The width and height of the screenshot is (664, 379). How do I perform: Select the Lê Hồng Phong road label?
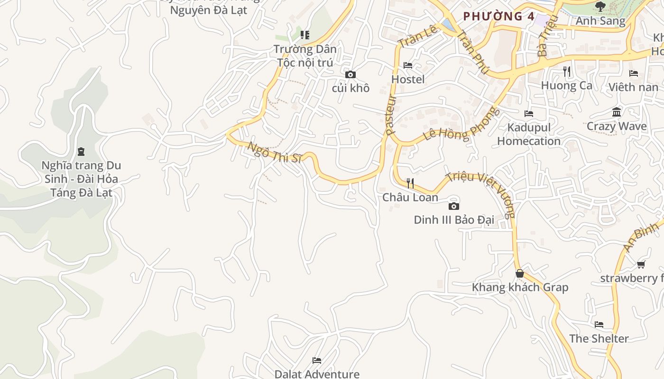pyautogui.click(x=462, y=125)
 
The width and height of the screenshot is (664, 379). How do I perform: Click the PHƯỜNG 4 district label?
pyautogui.click(x=499, y=16)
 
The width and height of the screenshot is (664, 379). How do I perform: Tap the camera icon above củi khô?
pyautogui.click(x=350, y=75)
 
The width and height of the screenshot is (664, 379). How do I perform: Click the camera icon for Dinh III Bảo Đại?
pyautogui.click(x=454, y=206)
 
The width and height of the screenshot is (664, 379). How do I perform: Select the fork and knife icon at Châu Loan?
pyautogui.click(x=410, y=183)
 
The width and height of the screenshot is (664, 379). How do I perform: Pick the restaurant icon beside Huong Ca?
pyautogui.click(x=567, y=72)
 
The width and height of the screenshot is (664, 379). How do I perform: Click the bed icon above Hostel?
pyautogui.click(x=408, y=65)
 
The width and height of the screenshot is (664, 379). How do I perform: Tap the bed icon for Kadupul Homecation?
pyautogui.click(x=529, y=114)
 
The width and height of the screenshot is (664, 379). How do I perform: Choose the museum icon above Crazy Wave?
pyautogui.click(x=617, y=112)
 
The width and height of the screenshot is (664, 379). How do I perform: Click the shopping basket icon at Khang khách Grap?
pyautogui.click(x=520, y=273)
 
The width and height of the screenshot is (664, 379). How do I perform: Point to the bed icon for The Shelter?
pyautogui.click(x=599, y=325)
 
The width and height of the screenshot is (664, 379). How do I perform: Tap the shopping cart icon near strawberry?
pyautogui.click(x=641, y=264)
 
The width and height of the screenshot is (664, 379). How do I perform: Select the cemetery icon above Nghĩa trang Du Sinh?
pyautogui.click(x=81, y=152)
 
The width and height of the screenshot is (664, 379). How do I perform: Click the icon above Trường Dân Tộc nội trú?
pyautogui.click(x=305, y=35)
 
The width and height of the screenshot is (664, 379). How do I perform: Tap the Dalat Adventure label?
pyautogui.click(x=317, y=374)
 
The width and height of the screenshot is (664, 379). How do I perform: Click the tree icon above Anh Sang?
pyautogui.click(x=600, y=7)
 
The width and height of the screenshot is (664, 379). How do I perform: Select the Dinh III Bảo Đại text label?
pyautogui.click(x=454, y=220)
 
